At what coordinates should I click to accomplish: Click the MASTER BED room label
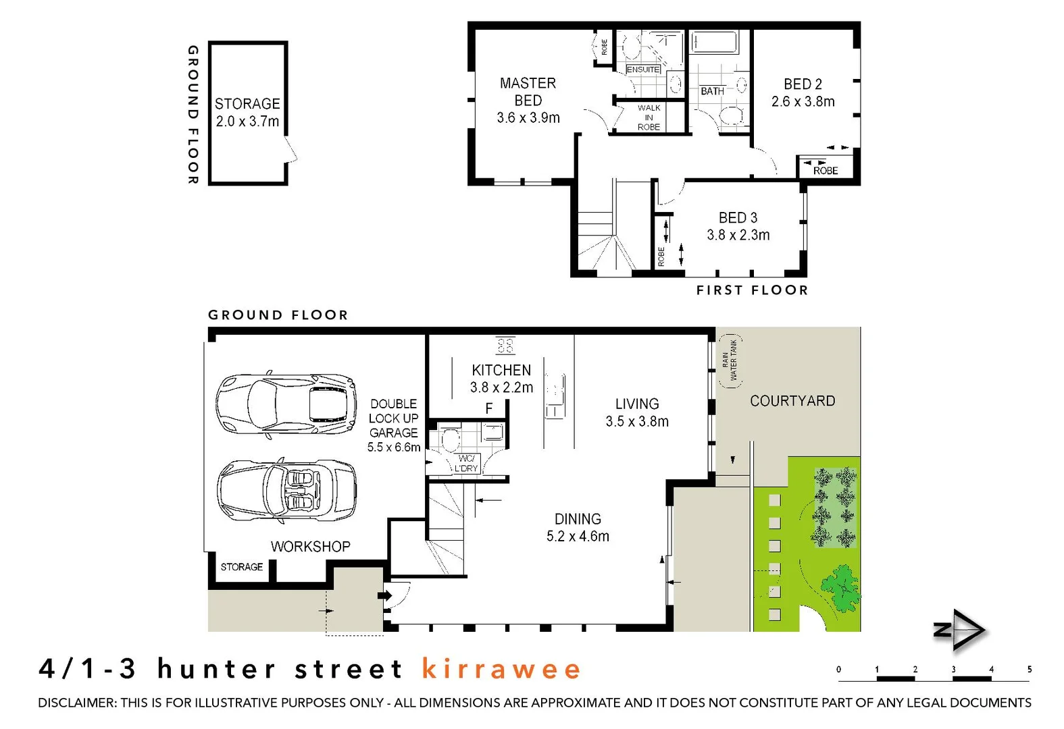[528, 91]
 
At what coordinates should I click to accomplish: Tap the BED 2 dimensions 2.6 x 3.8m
[803, 102]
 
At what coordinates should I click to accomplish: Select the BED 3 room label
[738, 218]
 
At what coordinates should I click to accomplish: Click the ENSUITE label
[642, 70]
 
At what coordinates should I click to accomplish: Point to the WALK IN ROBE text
[649, 117]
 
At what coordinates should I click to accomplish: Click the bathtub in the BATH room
[713, 43]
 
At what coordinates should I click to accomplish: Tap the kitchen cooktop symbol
[505, 346]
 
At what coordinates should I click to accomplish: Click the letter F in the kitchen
[489, 408]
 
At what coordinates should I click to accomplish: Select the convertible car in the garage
[286, 491]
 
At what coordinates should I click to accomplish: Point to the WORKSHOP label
[310, 547]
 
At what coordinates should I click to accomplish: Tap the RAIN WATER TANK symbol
[730, 360]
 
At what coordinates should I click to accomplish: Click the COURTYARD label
[792, 401]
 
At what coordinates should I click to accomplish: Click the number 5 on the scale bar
[1029, 670]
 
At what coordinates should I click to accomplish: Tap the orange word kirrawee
[501, 669]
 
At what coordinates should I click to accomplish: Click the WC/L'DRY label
[465, 463]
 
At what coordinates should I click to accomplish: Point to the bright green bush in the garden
[840, 588]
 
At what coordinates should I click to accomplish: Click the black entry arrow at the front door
[384, 595]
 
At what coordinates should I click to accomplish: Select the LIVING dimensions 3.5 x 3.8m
[636, 422]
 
